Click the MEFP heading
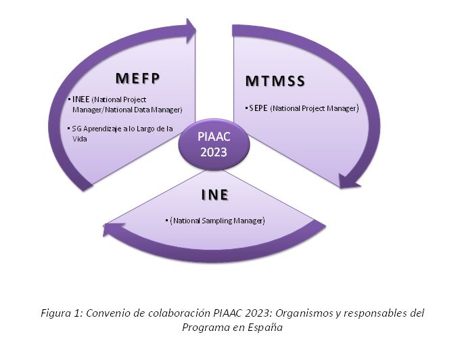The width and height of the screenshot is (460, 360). coord(137,78)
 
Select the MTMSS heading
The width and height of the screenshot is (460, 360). coord(275,81)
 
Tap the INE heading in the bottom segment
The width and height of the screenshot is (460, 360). coord(214,195)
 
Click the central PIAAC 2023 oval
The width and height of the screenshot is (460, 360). coord(214,144)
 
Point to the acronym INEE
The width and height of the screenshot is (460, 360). coord(80,99)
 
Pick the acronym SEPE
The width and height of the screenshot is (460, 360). coord(258,108)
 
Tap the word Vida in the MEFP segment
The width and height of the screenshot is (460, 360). coord(80,139)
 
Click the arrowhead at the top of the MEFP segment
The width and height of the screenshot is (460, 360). coord(190,30)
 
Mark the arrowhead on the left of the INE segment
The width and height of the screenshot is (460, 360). coord(113,228)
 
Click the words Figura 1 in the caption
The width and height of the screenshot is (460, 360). coord(62,313)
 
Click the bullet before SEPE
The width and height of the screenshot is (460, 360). coord(246,108)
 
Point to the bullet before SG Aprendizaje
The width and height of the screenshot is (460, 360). coord(68,129)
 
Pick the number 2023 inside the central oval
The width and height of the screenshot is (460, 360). coord(214,152)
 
